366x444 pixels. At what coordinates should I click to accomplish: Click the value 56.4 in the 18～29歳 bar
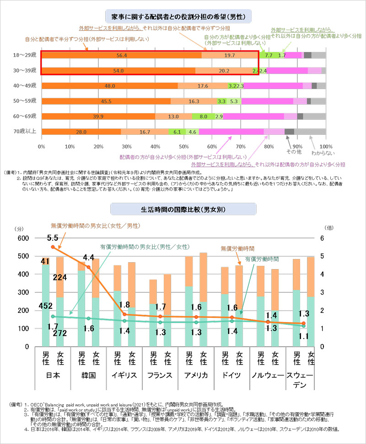(x=122, y=55)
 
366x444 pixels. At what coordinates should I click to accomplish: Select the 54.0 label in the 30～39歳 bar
(x=118, y=71)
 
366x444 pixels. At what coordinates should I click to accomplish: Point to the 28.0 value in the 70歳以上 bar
(x=81, y=132)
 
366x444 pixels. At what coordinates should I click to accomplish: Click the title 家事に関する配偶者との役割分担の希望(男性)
(x=183, y=17)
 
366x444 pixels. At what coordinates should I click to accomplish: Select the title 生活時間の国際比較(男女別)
(x=183, y=209)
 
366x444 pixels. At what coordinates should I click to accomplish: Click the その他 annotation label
(x=293, y=151)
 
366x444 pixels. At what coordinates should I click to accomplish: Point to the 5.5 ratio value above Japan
(x=52, y=238)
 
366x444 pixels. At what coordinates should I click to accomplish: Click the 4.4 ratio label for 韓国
(x=88, y=257)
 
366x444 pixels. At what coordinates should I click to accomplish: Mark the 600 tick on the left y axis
(x=23, y=238)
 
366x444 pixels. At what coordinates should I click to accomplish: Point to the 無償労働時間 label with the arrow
(x=237, y=249)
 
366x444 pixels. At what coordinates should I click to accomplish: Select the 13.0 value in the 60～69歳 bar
(x=173, y=116)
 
